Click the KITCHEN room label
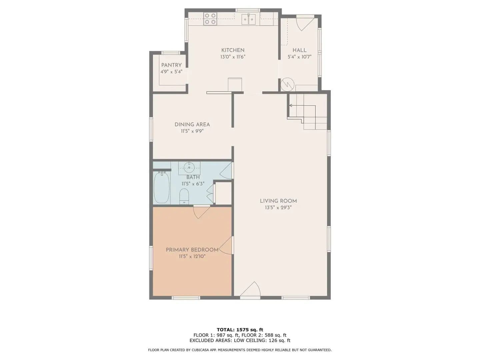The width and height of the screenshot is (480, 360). coord(233,50)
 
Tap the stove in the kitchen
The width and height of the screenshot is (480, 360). coord(210,19)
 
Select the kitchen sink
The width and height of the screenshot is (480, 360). coord(249,19)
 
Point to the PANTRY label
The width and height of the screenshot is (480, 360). coord(171,65)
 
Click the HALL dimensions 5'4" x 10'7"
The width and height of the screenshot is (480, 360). coord(299,57)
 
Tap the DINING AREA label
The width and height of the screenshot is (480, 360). coord(192,124)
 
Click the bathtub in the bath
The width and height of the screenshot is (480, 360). coord(162,188)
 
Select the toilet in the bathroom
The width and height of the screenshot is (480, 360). coord(184,196)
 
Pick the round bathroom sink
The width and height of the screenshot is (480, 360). coord(189,168)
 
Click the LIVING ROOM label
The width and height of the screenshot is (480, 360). coord(278,201)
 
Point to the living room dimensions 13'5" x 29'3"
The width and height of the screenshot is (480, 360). coord(278,207)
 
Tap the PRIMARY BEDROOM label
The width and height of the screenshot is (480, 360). coord(192,250)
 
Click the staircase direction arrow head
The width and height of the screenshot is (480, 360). coord(291,105)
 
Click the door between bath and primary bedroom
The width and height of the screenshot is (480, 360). coord(201,212)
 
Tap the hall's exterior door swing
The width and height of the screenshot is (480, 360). coord(305,24)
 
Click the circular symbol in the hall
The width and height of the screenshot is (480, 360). coord(287,84)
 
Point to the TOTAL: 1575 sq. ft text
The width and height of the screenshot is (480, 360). coord(240,330)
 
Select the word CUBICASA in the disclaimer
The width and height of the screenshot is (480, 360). coord(204,350)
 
